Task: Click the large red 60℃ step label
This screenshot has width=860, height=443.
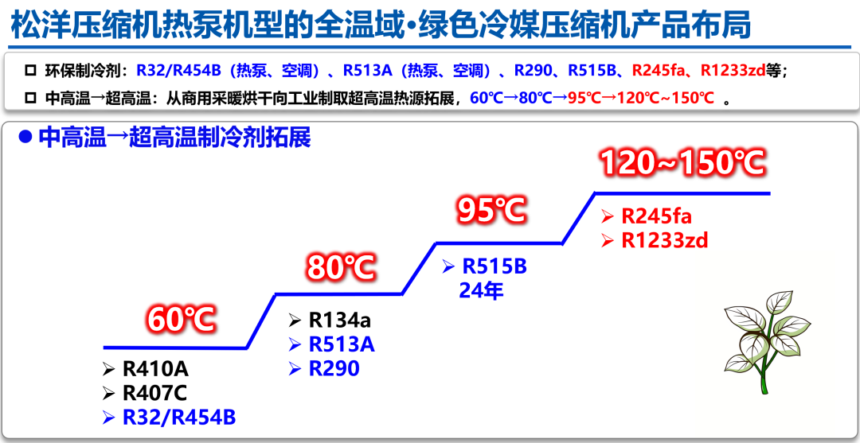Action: [181, 320]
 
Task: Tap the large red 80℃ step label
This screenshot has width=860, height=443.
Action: [342, 267]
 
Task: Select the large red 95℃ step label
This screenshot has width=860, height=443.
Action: [492, 210]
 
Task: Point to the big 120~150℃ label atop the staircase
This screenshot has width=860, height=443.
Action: [682, 162]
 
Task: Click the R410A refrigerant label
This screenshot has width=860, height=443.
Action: [156, 369]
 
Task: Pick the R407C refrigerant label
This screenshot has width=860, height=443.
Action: [155, 393]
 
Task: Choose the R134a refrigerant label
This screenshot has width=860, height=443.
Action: [340, 320]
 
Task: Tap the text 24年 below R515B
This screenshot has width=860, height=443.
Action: [481, 291]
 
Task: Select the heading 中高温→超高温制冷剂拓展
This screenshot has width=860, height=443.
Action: [175, 138]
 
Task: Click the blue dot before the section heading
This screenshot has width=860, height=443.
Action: [25, 138]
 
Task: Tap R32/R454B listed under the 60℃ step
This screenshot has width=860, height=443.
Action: [179, 418]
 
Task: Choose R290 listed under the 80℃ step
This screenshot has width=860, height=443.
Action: [334, 368]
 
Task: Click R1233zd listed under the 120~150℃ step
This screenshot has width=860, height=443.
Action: [665, 240]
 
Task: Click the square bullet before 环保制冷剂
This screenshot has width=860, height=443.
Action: [30, 72]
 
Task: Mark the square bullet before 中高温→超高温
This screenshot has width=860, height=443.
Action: [30, 99]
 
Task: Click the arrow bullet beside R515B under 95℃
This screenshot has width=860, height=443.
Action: [448, 267]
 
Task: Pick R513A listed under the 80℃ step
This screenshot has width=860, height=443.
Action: [342, 344]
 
